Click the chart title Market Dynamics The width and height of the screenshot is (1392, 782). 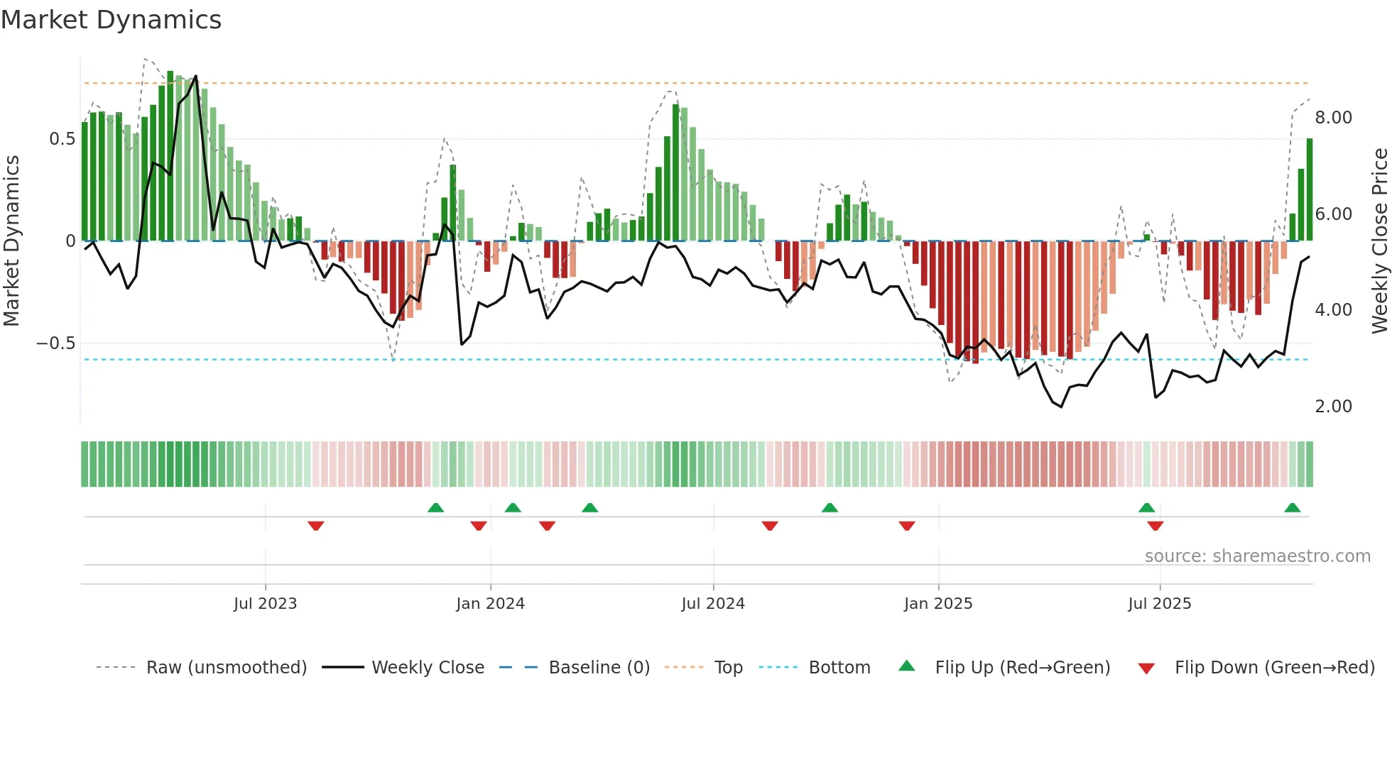tap(111, 20)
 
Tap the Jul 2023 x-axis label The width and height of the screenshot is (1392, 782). tap(265, 604)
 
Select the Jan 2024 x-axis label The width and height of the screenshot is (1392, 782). tap(490, 604)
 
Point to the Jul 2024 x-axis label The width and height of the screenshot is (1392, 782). tap(713, 604)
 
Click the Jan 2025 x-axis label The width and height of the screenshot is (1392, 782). tap(938, 604)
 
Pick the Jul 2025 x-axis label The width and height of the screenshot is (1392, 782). tap(1160, 604)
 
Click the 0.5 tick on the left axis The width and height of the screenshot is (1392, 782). tap(62, 139)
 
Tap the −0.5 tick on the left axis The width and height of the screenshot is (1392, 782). tap(56, 343)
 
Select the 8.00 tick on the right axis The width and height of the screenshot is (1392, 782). tap(1333, 118)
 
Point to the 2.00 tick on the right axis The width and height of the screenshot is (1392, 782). tap(1333, 407)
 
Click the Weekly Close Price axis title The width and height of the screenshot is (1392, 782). tap(1379, 241)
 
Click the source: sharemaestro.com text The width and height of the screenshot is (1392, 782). tap(1257, 556)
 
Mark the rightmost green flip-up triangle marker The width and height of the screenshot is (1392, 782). tap(1292, 508)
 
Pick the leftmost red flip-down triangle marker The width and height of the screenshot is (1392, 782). tap(316, 526)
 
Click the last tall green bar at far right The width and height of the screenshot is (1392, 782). tap(1310, 190)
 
